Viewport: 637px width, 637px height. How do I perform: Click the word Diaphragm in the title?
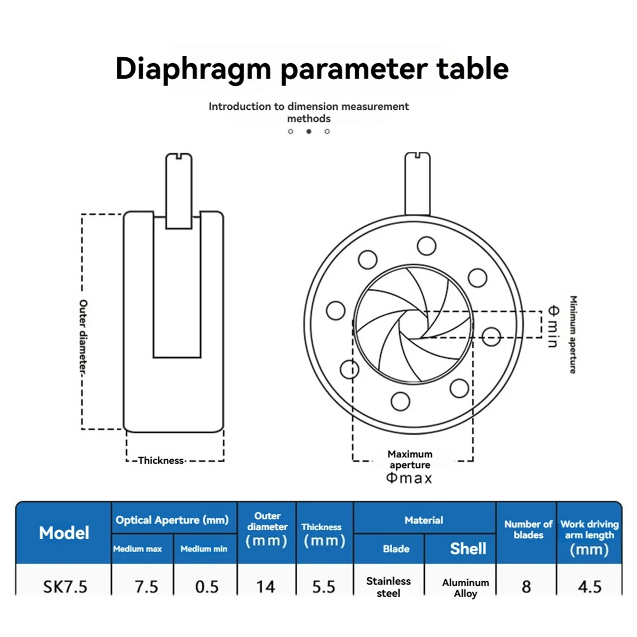(193, 70)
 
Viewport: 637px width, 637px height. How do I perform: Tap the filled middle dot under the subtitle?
(309, 131)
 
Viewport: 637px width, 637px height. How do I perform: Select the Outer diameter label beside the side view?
(83, 337)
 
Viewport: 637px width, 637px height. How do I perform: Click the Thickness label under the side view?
(161, 460)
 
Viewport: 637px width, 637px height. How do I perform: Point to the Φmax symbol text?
(409, 478)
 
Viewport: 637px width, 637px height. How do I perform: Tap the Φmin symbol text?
(553, 326)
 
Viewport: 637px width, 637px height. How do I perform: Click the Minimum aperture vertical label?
(573, 334)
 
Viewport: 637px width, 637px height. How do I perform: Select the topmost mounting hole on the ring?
(426, 246)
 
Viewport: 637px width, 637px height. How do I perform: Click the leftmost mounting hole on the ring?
(335, 311)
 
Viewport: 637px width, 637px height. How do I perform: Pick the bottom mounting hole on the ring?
(400, 401)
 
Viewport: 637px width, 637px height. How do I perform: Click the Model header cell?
(64, 533)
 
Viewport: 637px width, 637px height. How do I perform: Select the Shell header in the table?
(468, 548)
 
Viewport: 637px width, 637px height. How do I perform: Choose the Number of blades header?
(528, 529)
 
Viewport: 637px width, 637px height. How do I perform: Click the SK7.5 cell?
(65, 587)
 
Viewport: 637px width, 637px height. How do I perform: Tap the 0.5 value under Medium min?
(206, 587)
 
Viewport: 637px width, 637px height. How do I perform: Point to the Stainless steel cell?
(389, 587)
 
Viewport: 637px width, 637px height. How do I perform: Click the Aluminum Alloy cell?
(465, 588)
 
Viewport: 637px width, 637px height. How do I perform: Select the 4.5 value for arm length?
(589, 587)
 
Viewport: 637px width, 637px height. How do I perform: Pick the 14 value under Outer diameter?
(265, 587)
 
